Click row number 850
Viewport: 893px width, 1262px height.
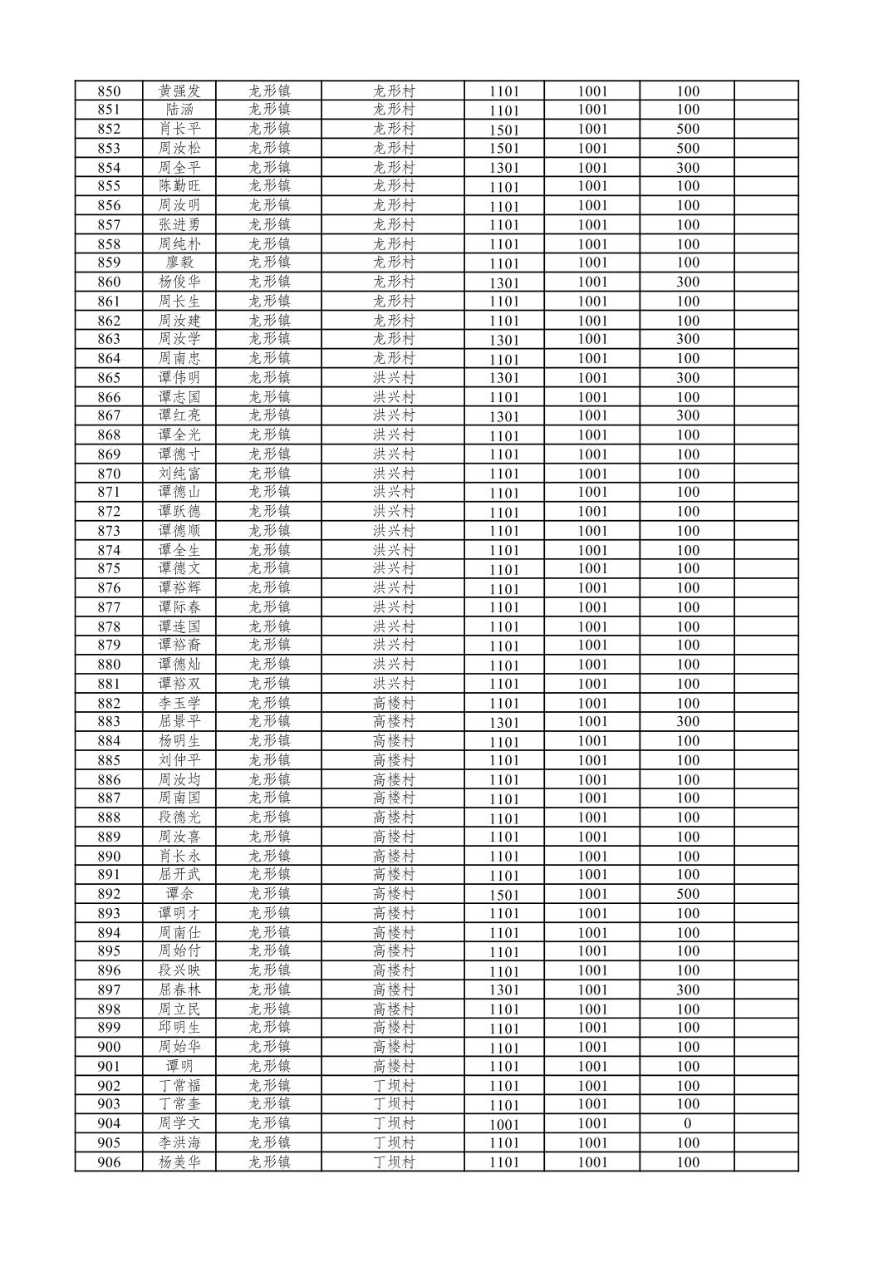coord(109,91)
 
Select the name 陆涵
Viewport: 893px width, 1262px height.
coord(179,110)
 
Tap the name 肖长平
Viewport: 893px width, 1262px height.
coord(179,129)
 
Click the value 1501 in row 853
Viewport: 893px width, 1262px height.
coord(503,149)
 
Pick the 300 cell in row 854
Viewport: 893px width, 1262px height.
coord(687,168)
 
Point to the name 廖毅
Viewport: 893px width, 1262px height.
coord(179,263)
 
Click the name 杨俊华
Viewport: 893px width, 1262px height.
coord(179,282)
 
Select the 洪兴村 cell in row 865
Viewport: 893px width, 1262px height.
coord(393,378)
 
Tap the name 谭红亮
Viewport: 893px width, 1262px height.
coord(179,415)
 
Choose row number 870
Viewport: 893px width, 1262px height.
coord(109,474)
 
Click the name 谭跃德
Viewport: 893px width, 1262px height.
coord(179,512)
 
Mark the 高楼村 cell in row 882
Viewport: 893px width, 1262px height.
coord(393,703)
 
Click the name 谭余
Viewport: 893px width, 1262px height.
coord(179,894)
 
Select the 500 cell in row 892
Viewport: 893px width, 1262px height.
coord(687,894)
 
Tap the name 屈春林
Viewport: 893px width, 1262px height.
coord(179,989)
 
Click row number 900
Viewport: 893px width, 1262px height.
coord(109,1047)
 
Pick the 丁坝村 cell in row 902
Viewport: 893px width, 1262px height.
coord(393,1086)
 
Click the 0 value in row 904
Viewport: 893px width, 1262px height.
coord(687,1123)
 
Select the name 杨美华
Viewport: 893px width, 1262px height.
coord(179,1162)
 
